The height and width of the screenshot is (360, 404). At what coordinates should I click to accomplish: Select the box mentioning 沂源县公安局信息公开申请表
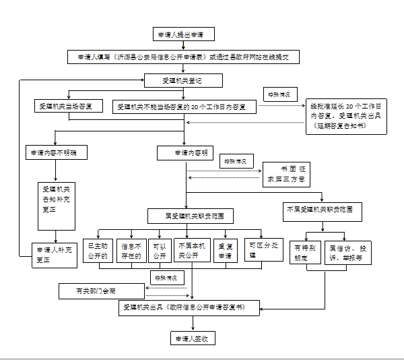coord(182,58)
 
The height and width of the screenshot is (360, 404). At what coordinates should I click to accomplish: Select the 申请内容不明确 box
coord(56,152)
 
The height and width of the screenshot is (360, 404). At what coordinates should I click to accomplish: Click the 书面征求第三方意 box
coord(285,175)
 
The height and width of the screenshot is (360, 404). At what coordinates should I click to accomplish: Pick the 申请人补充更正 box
coord(53,253)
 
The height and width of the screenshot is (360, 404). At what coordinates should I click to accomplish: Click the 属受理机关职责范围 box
coord(191,216)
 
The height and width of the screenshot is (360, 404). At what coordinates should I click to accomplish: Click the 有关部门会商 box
coord(101,291)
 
